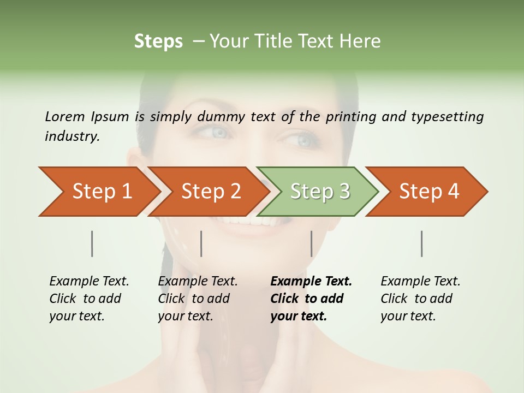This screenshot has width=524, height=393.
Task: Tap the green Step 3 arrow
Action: click(x=320, y=192)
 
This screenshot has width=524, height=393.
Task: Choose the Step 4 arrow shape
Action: click(x=429, y=192)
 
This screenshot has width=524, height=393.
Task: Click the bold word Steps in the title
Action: click(x=158, y=41)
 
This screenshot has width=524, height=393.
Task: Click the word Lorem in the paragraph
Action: click(x=64, y=116)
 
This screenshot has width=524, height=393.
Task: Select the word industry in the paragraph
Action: click(x=72, y=136)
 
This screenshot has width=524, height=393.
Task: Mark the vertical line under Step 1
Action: click(x=92, y=243)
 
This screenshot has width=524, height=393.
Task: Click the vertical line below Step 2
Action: click(x=201, y=243)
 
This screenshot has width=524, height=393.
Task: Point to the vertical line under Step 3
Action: click(x=311, y=243)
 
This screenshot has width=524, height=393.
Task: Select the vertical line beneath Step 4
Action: click(x=421, y=243)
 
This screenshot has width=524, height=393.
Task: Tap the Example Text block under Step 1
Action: click(x=89, y=299)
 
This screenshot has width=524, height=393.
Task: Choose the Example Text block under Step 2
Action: click(x=198, y=299)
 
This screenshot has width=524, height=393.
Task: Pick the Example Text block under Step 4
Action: click(x=420, y=299)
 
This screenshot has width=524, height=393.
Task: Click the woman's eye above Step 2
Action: click(x=219, y=133)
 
